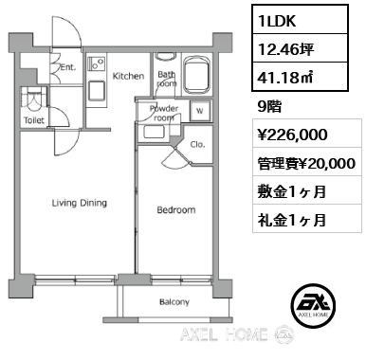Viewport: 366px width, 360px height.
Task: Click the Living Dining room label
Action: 80,203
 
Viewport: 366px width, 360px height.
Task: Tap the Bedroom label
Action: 176,209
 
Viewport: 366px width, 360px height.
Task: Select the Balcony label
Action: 174,302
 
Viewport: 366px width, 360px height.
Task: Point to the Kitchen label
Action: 128,76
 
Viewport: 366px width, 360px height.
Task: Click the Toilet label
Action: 34,120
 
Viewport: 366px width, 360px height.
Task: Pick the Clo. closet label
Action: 197,144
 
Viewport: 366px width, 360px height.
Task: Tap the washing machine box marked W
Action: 200,111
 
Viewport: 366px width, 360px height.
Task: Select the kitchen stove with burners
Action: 97,64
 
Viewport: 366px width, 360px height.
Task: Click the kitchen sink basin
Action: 97,90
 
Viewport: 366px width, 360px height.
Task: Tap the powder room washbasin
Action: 154,132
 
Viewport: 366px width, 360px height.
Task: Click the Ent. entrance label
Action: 68,67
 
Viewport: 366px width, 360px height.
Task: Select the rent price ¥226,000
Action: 293,135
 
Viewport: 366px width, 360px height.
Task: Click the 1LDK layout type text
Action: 277,21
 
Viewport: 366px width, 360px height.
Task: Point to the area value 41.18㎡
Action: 285,78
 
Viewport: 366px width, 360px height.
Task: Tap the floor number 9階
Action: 269,107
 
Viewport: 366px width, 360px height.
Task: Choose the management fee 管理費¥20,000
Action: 306,164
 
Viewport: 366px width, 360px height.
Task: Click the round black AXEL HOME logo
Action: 313,305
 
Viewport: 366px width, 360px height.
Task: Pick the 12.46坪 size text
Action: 286,49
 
